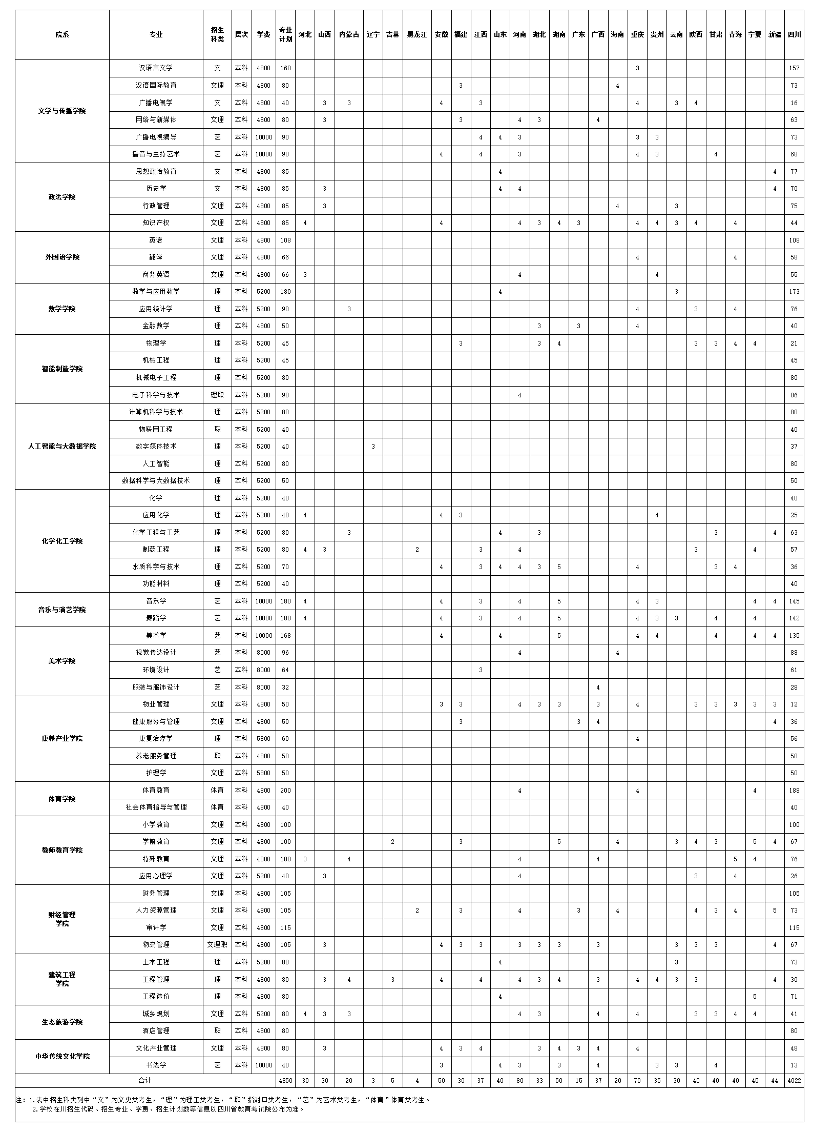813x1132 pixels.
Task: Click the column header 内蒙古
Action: click(x=349, y=35)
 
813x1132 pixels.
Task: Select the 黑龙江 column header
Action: click(x=417, y=35)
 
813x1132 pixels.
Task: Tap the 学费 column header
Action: click(x=263, y=35)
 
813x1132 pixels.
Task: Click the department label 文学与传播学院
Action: click(x=62, y=111)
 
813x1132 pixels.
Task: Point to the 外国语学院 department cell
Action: click(x=62, y=257)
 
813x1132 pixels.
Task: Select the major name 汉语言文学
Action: click(x=156, y=68)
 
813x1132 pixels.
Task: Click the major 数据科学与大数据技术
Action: click(x=156, y=481)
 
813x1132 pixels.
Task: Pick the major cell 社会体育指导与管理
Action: click(x=156, y=807)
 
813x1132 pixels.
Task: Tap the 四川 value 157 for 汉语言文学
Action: click(x=794, y=68)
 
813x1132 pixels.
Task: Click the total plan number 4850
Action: click(x=285, y=1081)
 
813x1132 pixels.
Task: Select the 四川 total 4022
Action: click(x=794, y=1081)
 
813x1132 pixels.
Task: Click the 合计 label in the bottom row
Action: click(x=145, y=1081)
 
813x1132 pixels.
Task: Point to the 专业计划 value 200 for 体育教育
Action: click(x=285, y=791)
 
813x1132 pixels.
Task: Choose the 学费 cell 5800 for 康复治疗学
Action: click(x=263, y=739)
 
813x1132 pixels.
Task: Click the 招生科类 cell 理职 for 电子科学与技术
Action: click(x=217, y=395)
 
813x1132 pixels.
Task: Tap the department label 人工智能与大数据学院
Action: click(x=62, y=447)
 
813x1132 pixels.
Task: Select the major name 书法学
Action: click(x=156, y=1065)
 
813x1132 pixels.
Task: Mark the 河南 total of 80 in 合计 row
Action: click(x=519, y=1081)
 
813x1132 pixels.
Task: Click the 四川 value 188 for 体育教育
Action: click(x=794, y=791)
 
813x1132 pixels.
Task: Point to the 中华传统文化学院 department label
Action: click(x=62, y=1057)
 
